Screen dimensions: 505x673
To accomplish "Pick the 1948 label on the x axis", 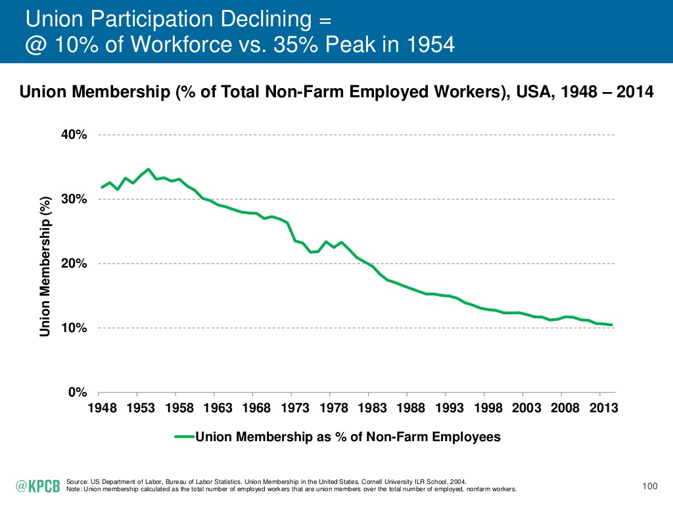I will click(102, 408).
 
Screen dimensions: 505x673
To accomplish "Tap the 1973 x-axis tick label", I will click(295, 408).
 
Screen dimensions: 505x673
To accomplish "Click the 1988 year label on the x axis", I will click(411, 408).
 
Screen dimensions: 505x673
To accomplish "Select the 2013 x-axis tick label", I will click(604, 408).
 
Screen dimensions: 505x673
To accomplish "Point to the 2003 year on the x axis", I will click(527, 408).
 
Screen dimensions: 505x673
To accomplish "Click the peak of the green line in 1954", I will click(148, 169).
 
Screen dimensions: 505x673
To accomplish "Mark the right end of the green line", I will click(612, 325).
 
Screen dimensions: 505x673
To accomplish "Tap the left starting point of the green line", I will click(102, 187).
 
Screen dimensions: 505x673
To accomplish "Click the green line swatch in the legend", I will click(185, 436).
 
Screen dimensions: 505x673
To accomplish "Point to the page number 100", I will click(649, 486).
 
